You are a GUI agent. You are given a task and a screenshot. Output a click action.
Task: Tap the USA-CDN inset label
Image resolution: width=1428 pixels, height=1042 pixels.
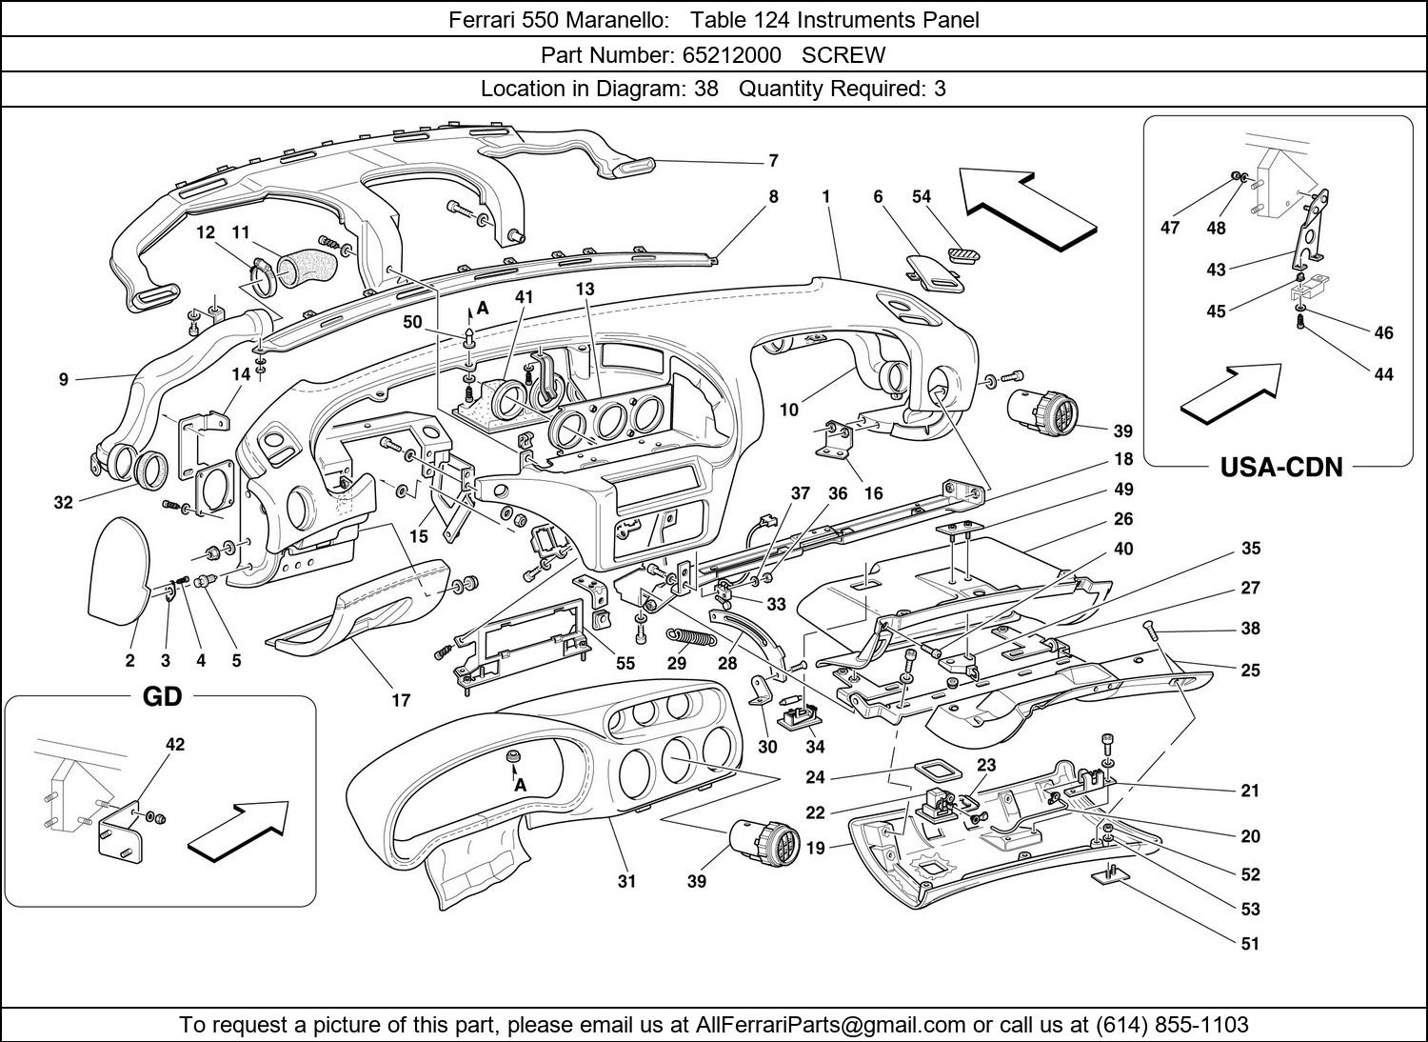tap(1281, 467)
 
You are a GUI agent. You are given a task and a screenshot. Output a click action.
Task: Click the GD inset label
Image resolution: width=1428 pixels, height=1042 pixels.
tap(161, 696)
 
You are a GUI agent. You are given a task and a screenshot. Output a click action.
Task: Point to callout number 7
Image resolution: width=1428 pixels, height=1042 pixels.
tap(773, 161)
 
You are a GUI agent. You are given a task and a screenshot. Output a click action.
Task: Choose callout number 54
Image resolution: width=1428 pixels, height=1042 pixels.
tap(921, 196)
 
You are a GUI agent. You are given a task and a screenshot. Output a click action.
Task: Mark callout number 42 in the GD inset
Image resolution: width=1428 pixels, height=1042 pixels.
tap(175, 744)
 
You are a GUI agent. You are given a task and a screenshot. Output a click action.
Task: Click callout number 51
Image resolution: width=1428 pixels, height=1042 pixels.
tap(1250, 944)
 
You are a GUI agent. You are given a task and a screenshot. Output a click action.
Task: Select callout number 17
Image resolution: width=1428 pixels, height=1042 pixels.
tap(401, 700)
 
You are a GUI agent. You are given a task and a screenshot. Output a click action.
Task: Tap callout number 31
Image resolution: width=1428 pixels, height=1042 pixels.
tap(625, 881)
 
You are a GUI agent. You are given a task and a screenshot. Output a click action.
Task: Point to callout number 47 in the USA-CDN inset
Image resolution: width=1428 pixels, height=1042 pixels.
tap(1170, 228)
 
